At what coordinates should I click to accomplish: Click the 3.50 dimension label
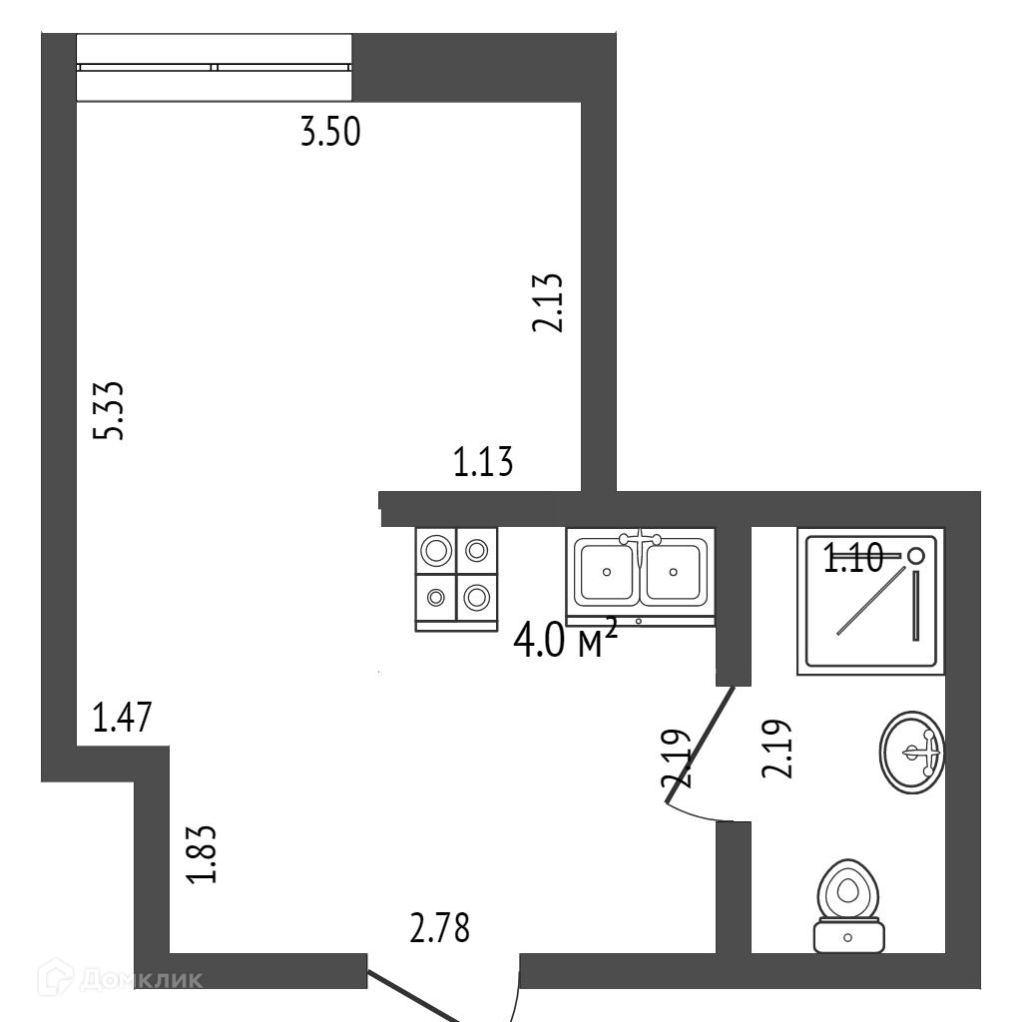click(x=330, y=133)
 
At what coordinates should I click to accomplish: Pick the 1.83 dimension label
click(x=202, y=854)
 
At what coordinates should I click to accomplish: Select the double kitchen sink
click(x=640, y=573)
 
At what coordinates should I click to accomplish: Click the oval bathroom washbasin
click(x=912, y=752)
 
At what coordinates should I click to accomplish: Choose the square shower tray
click(x=869, y=601)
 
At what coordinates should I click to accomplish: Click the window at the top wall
click(x=215, y=67)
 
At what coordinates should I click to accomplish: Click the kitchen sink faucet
click(x=640, y=540)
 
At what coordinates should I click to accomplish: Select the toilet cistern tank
click(x=848, y=936)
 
